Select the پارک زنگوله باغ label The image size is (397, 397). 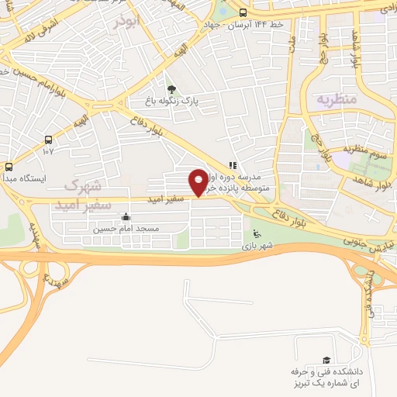173,101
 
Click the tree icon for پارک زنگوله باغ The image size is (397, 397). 171,89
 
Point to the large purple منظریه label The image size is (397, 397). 336,99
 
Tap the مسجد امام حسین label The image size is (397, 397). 126,229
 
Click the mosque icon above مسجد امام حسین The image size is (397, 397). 126,216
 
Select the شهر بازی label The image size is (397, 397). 257,246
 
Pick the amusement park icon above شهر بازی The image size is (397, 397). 257,233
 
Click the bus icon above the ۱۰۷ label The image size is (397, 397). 49,140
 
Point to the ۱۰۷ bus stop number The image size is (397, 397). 48,151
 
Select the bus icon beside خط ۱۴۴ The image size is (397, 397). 243,12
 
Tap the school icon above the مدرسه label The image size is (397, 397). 233,164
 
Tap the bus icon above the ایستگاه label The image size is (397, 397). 9,166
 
